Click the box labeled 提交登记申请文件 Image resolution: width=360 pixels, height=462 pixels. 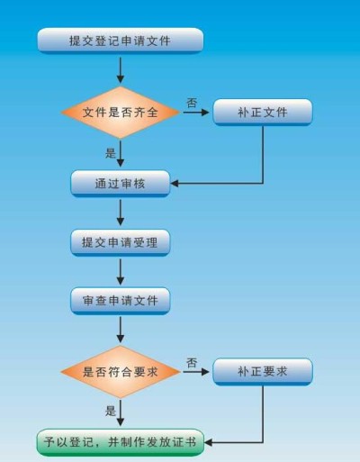[x=121, y=41]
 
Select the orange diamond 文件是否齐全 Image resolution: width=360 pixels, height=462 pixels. [x=121, y=113]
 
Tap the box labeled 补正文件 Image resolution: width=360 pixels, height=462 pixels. [x=263, y=112]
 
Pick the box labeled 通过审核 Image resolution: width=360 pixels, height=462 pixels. [x=121, y=184]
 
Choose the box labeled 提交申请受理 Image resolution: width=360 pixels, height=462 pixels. [x=121, y=242]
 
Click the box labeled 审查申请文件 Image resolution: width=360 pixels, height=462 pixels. [x=121, y=301]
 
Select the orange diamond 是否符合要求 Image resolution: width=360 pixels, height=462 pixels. [x=121, y=372]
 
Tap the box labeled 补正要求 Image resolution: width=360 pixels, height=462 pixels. [x=263, y=372]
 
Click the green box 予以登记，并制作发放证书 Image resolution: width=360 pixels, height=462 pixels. [x=121, y=442]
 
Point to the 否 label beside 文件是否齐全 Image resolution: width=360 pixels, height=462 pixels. [x=192, y=103]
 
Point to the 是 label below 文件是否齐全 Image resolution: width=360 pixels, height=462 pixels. [x=111, y=153]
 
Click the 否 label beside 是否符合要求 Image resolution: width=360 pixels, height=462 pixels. [x=192, y=363]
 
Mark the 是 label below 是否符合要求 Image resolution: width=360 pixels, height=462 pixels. [x=111, y=411]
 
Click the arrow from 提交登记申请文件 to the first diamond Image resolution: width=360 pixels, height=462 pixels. [x=121, y=70]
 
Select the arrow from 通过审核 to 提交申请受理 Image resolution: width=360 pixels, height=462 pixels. [x=121, y=213]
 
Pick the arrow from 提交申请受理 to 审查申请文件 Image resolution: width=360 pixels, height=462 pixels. [x=121, y=272]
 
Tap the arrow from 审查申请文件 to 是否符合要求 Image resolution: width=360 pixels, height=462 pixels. [x=121, y=330]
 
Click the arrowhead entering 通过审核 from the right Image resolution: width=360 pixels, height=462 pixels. [x=175, y=183]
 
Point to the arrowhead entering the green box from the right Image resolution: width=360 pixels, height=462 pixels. [x=209, y=442]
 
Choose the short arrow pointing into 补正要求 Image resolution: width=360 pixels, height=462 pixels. [x=196, y=372]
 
